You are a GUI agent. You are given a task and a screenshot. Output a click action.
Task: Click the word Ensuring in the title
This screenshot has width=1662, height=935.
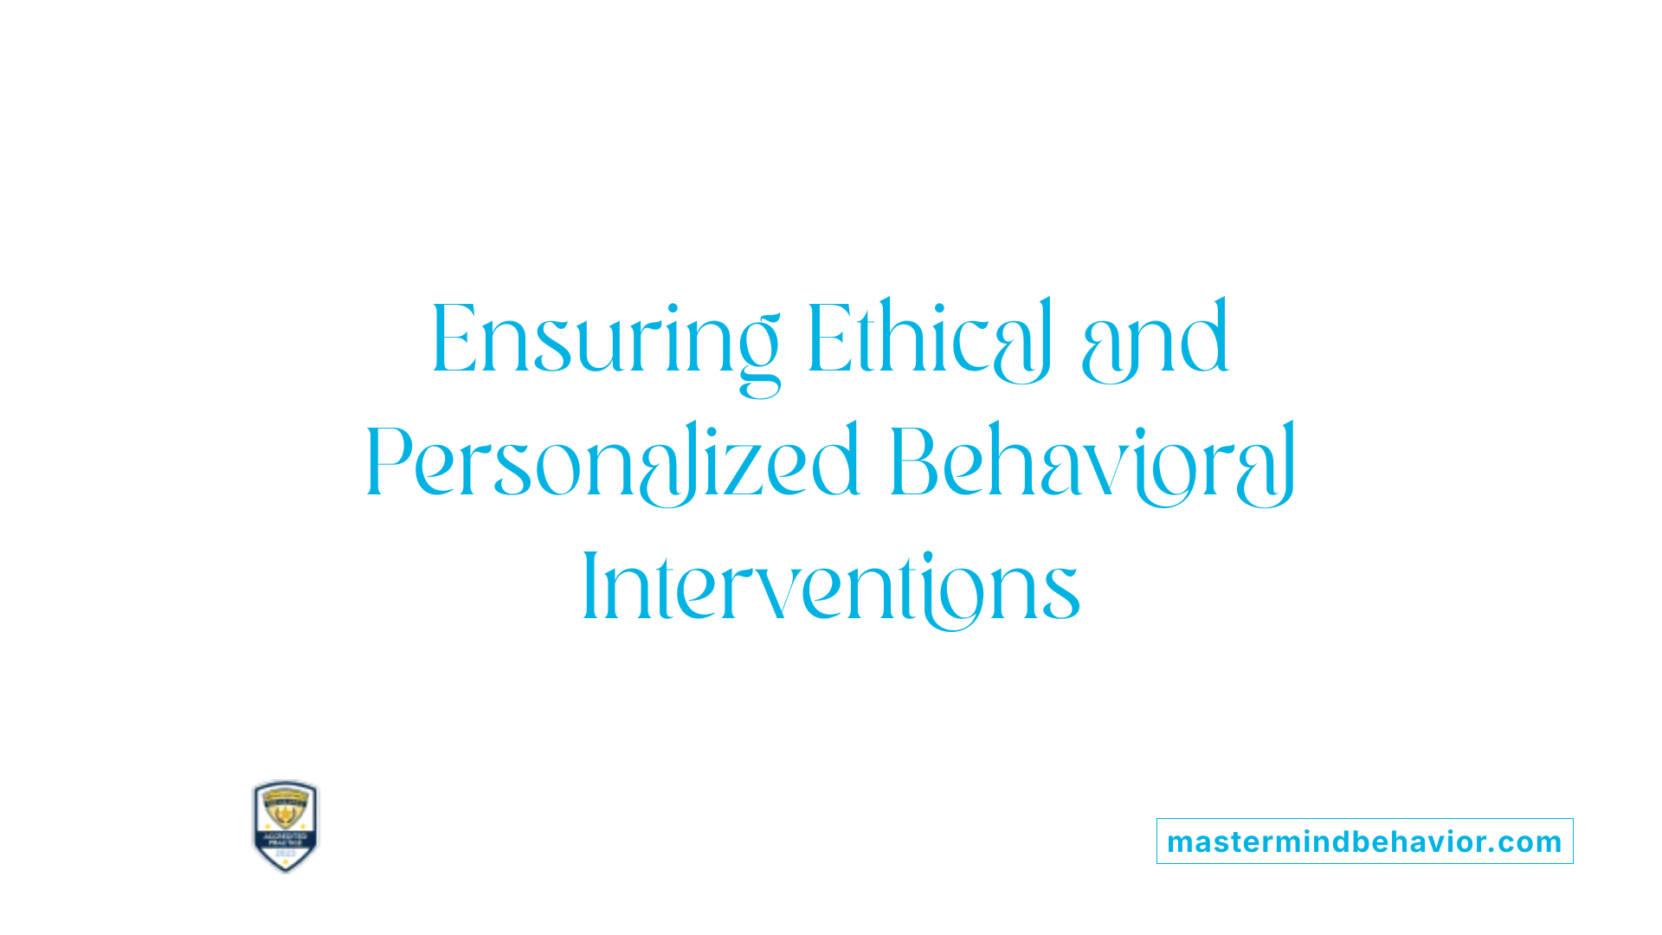(x=605, y=339)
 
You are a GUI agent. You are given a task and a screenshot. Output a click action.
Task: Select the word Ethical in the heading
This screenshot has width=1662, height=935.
(x=929, y=339)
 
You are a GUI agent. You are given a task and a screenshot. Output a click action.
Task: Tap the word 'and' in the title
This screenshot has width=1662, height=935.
(x=1155, y=339)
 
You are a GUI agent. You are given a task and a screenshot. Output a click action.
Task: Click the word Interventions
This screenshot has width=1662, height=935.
(x=831, y=588)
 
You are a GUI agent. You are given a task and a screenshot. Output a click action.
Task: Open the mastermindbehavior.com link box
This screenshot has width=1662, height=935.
(x=1364, y=841)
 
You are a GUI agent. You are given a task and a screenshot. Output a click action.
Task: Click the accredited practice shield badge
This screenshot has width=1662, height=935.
(x=286, y=825)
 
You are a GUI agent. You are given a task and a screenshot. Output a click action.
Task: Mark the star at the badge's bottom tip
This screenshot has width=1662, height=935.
(x=286, y=865)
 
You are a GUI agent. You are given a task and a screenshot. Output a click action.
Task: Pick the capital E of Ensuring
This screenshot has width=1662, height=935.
(x=454, y=339)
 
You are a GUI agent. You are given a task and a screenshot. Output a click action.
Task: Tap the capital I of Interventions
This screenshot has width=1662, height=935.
(x=590, y=586)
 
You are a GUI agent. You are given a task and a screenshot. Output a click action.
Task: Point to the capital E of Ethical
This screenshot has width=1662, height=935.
(x=828, y=339)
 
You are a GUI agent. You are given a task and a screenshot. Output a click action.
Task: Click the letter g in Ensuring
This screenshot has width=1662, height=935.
(x=757, y=355)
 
